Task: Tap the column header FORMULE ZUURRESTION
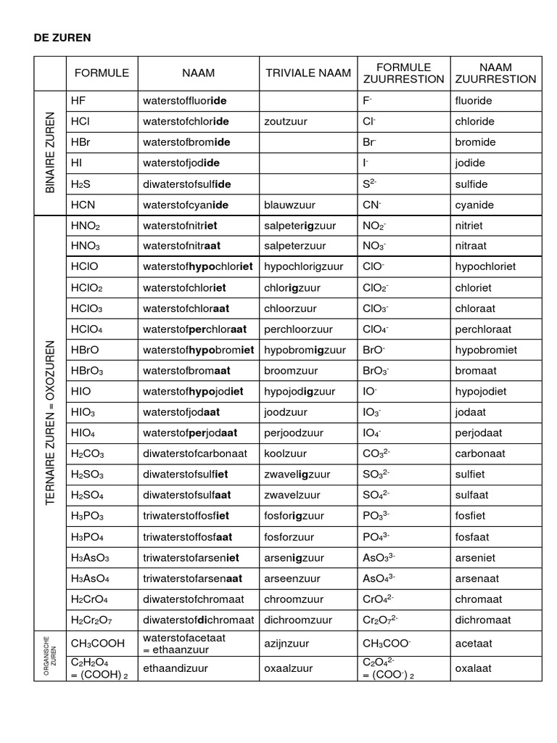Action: click(403, 73)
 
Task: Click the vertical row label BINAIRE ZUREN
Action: click(50, 152)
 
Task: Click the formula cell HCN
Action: click(83, 205)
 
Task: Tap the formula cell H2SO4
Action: click(87, 496)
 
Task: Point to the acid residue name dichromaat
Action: click(483, 620)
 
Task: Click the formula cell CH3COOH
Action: click(97, 644)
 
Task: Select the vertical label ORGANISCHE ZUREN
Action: click(50, 656)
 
